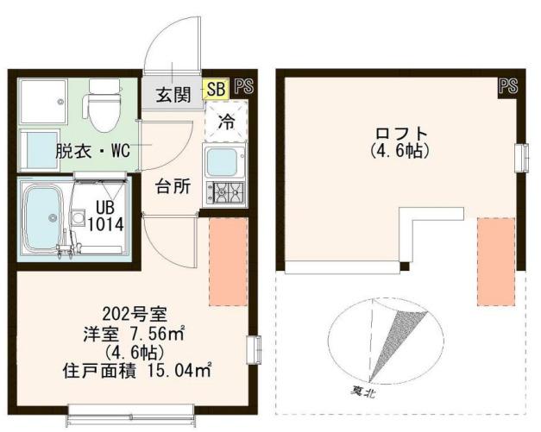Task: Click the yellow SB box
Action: pyautogui.click(x=216, y=89)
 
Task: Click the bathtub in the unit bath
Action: pyautogui.click(x=42, y=217)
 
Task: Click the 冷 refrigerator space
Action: pyautogui.click(x=225, y=122)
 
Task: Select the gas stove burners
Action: pyautogui.click(x=224, y=193)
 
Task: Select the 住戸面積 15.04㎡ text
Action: pyautogui.click(x=138, y=371)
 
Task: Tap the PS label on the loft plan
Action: pyautogui.click(x=507, y=86)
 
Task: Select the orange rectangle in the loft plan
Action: pyautogui.click(x=495, y=261)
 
